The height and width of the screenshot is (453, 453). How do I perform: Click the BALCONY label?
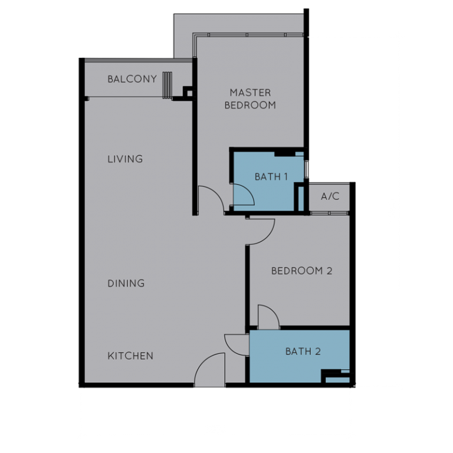[x=132, y=79]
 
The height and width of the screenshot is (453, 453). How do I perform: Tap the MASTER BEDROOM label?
[x=250, y=99]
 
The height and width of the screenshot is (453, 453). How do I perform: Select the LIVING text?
[x=125, y=159]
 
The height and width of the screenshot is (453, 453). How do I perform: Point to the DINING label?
[x=126, y=284]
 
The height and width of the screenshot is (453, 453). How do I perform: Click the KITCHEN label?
[x=130, y=356]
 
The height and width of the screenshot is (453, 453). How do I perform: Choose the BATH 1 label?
[x=271, y=176]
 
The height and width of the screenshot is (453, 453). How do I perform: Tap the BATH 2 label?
[x=303, y=352]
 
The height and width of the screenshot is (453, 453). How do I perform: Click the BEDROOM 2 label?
[x=301, y=271]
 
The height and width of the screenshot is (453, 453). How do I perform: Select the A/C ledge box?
[x=330, y=196]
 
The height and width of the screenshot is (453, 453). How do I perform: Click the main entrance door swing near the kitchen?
[x=210, y=369]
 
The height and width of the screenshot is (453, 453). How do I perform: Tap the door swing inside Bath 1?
[x=244, y=194]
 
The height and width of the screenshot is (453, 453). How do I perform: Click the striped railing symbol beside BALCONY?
[x=168, y=85]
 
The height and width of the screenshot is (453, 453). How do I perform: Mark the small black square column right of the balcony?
[x=188, y=93]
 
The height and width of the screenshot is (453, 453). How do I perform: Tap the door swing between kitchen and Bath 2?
[x=235, y=344]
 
